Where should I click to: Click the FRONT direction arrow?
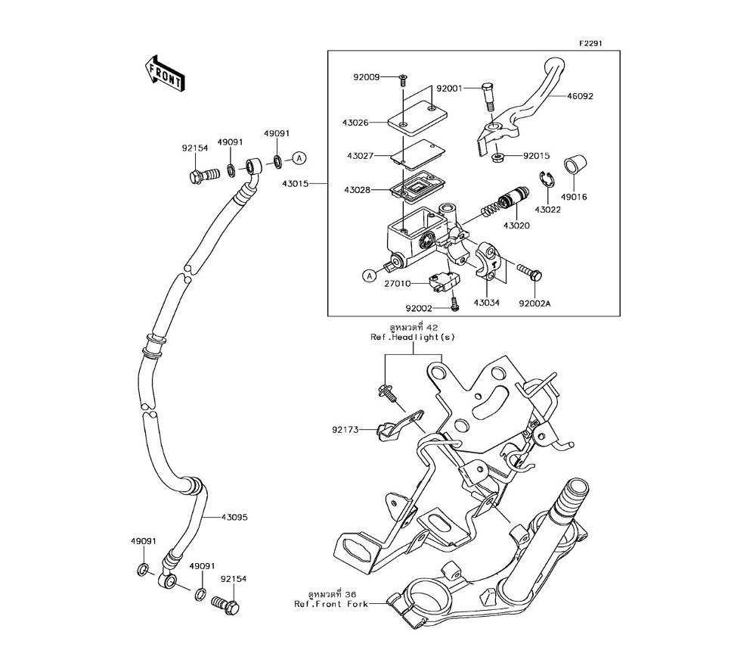[165, 73]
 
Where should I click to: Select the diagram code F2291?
[590, 44]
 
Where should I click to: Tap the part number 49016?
[573, 197]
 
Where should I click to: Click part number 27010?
[397, 283]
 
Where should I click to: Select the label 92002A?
[534, 303]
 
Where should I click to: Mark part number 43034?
[488, 303]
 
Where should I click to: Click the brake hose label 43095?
[234, 518]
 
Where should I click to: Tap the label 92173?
[344, 430]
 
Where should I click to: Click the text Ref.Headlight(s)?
[413, 337]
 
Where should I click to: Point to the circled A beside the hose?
[299, 158]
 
